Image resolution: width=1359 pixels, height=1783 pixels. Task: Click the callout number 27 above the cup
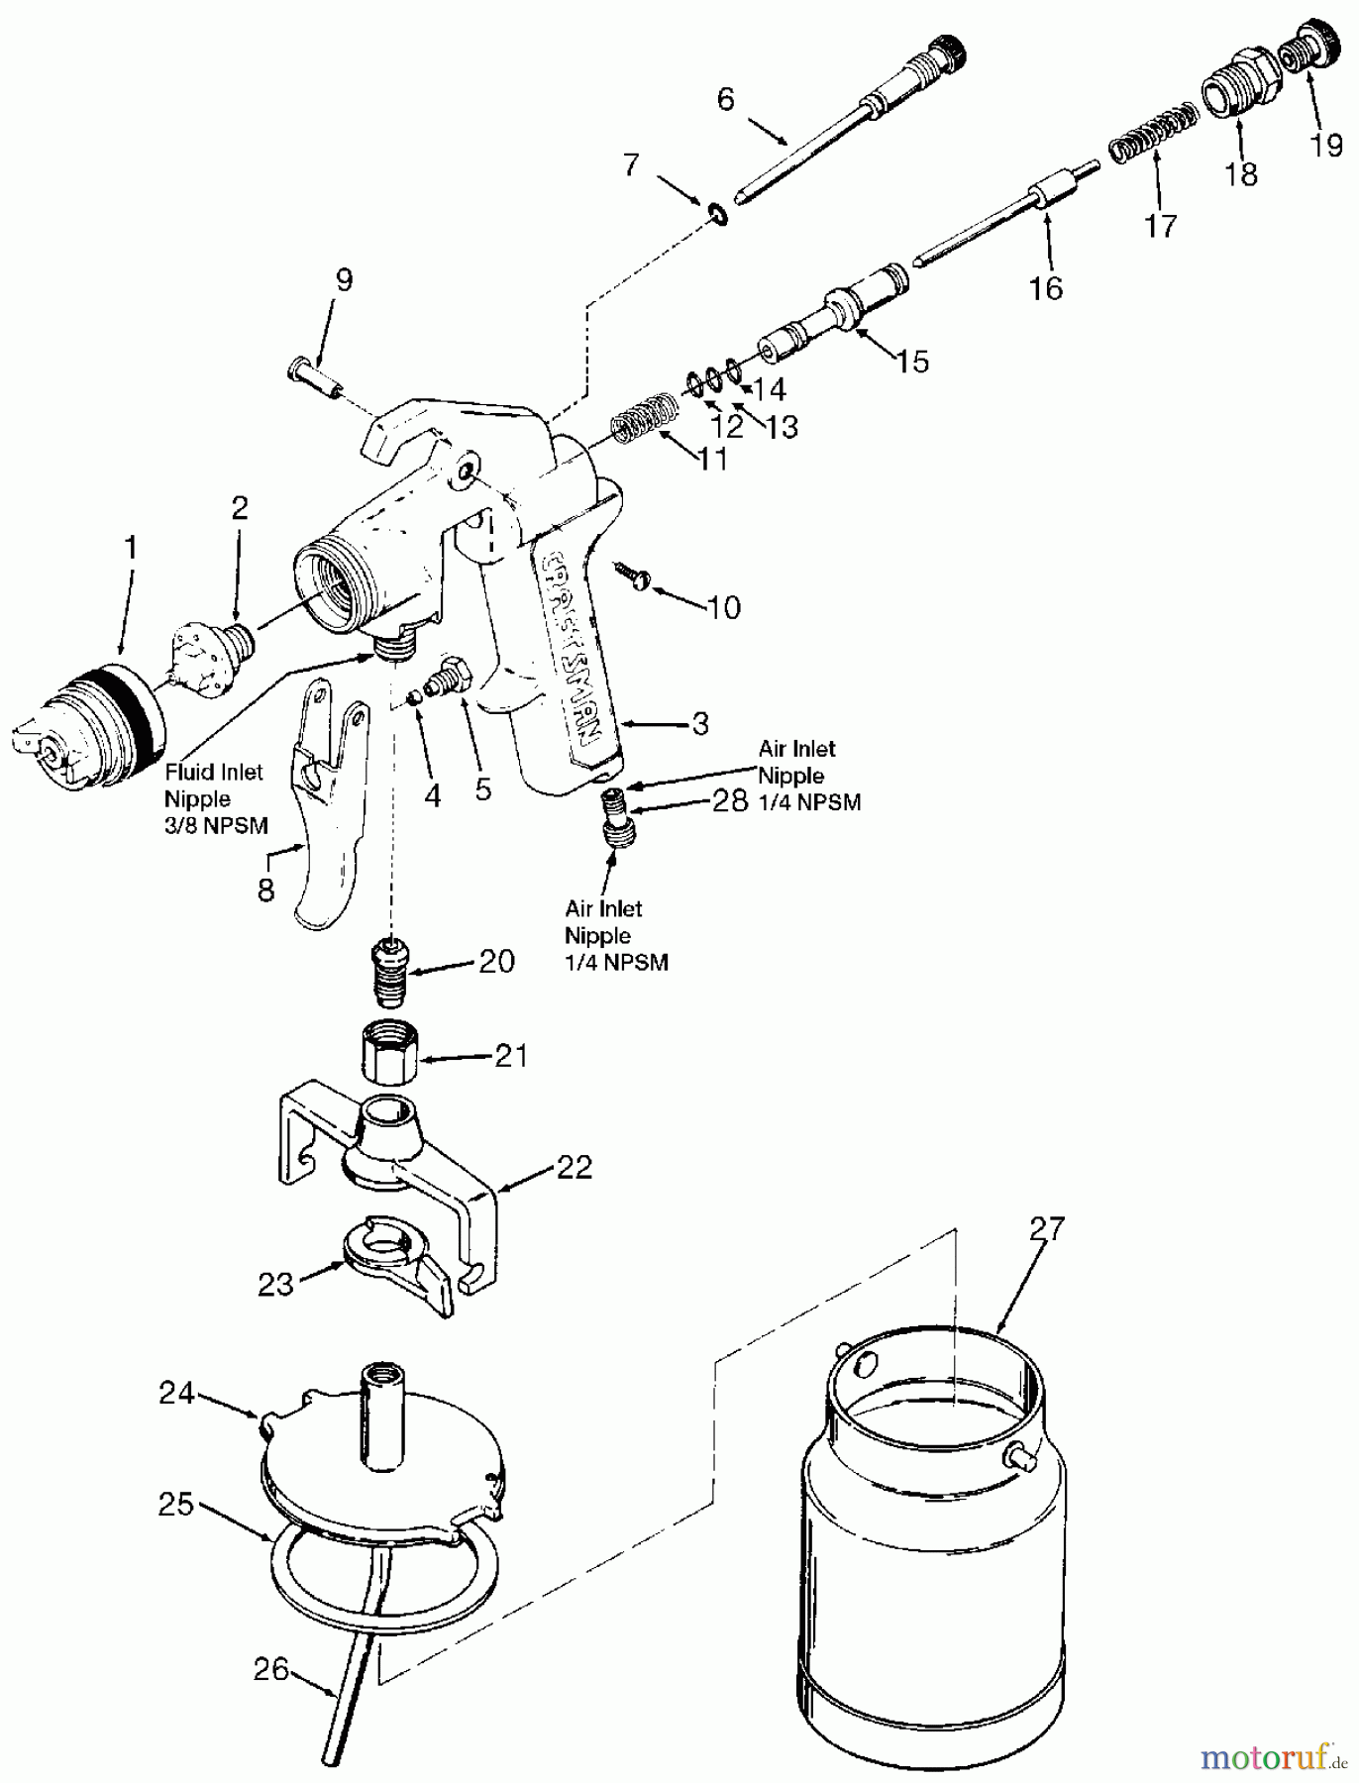(1045, 1229)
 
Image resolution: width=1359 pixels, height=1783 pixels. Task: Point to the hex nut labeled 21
(387, 1056)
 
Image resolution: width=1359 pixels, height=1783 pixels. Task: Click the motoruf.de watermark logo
(1274, 1758)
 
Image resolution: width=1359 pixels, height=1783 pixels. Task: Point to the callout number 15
(912, 362)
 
